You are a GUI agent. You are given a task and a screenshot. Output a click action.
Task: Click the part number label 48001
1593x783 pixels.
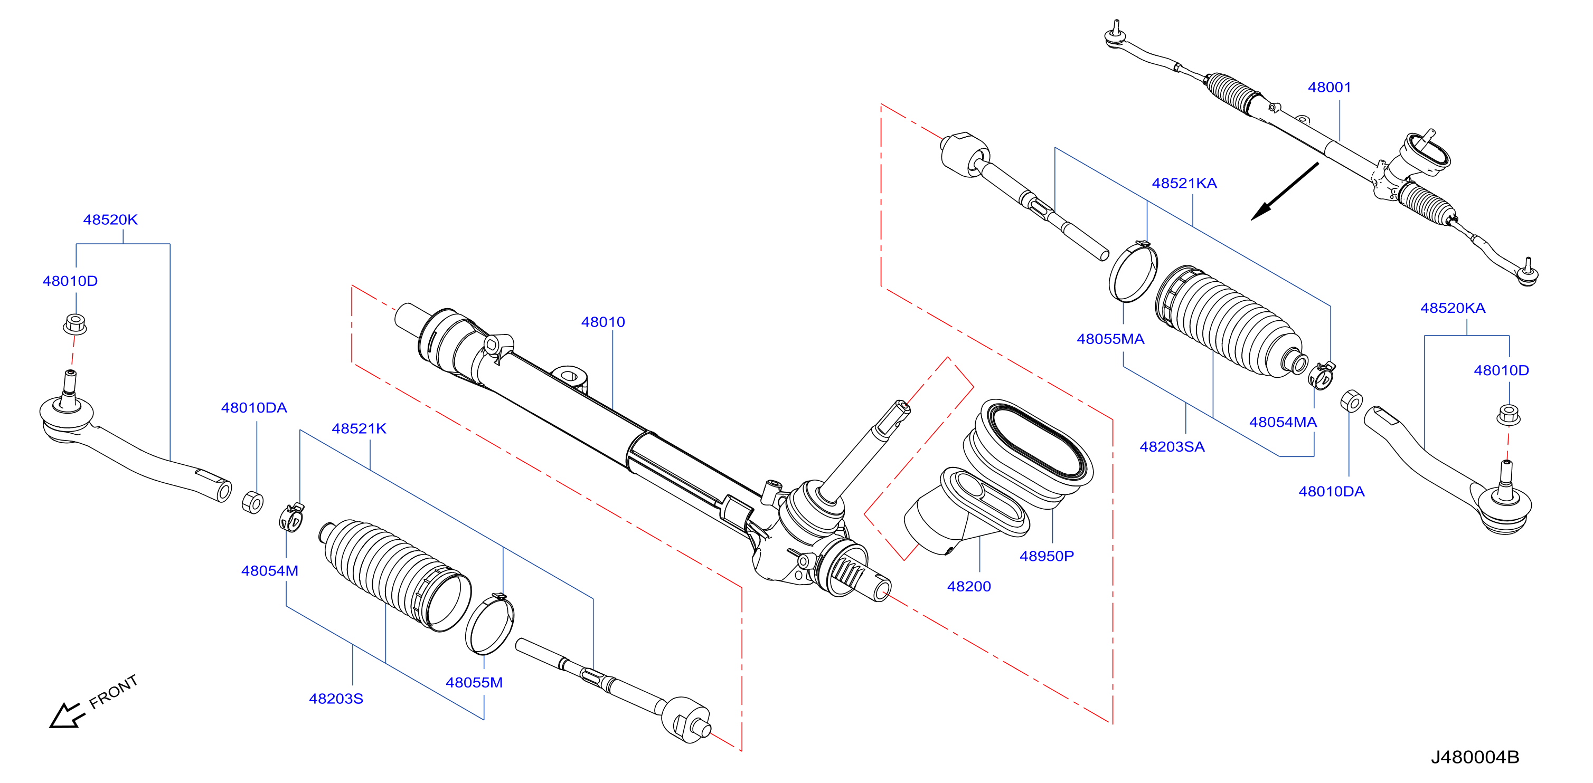coord(1329,87)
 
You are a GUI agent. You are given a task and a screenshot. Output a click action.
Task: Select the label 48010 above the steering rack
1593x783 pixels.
coord(603,322)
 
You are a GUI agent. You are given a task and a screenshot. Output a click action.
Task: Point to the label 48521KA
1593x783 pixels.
coord(1184,183)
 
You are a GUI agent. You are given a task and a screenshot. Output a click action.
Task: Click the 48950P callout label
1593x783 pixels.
coord(1047,556)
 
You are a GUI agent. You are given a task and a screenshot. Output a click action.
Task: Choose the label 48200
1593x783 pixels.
coord(969,587)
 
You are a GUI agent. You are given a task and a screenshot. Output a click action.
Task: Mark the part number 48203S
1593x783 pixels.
coord(336,699)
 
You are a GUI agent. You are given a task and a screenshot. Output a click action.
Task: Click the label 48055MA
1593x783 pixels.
coord(1110,339)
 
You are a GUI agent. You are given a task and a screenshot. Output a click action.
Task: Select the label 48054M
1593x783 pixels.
coord(270,571)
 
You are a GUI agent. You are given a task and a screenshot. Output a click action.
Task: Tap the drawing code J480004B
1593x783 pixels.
coord(1475,757)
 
